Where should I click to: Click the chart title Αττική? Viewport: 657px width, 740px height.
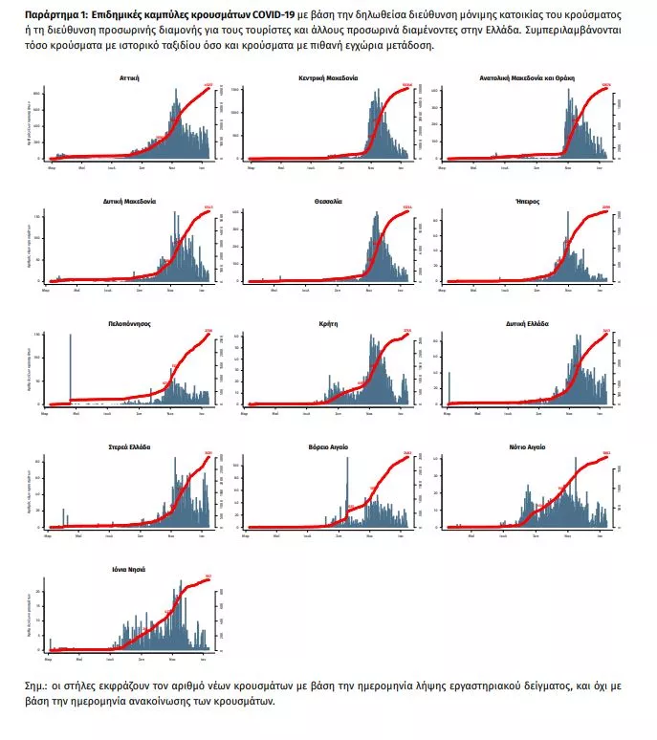pos(131,77)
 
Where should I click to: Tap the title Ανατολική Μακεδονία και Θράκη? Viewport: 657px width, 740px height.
pos(523,77)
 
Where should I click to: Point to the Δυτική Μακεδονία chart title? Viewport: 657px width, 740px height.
pos(130,202)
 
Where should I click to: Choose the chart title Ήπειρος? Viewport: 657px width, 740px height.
pos(523,202)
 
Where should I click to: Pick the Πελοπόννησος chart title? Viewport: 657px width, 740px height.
pos(130,324)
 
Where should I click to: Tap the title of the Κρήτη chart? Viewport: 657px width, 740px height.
pos(328,324)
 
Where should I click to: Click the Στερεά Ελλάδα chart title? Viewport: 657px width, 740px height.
pos(131,446)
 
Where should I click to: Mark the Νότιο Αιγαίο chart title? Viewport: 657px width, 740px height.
pos(523,446)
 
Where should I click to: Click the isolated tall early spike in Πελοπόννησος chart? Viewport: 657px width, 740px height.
pos(71,368)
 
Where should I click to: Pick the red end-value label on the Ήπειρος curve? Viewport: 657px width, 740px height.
pos(603,208)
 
